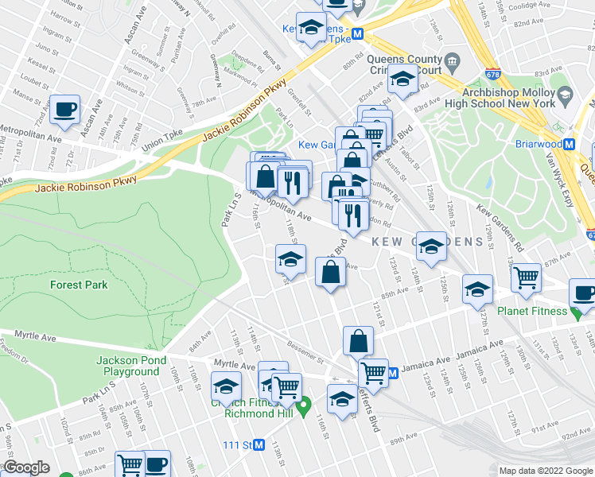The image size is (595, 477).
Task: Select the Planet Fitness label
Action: (x=531, y=311)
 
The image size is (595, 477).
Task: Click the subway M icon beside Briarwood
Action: (x=569, y=145)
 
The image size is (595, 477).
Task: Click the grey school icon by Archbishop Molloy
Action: (x=566, y=96)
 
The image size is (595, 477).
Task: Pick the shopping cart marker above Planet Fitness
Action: (x=526, y=278)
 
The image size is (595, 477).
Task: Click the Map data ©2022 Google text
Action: (x=545, y=470)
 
